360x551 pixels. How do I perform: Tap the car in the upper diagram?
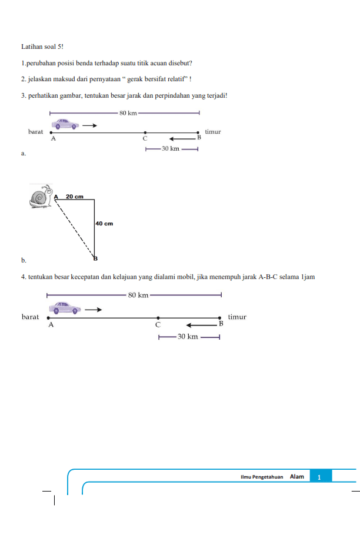point(65,124)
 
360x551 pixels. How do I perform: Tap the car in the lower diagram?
point(65,308)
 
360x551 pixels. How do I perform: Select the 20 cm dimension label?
point(74,196)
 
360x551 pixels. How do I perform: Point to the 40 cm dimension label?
point(104,224)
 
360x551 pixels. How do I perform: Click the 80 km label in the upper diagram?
point(128,112)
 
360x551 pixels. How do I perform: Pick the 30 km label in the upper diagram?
point(171,148)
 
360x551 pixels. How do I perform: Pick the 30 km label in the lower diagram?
point(188,337)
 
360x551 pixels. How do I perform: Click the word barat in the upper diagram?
point(36,132)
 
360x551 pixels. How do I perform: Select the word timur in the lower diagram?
point(237,317)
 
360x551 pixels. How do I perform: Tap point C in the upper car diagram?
point(145,134)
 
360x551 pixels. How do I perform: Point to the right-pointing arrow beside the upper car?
point(89,125)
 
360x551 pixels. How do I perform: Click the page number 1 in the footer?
point(318,477)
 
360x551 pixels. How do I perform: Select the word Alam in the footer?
point(296,477)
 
